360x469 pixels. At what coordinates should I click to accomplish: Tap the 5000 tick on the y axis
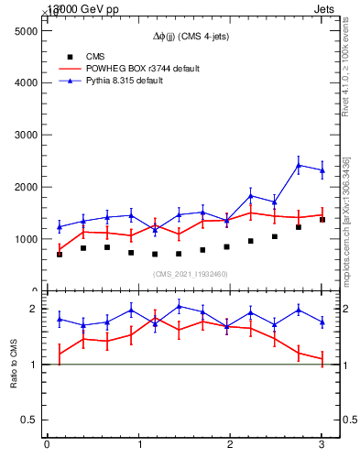pos(24,30)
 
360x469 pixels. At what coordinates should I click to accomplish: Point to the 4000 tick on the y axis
pos(24,82)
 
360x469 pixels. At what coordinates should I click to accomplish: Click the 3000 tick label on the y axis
pos(24,135)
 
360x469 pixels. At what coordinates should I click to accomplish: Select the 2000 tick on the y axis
pos(24,187)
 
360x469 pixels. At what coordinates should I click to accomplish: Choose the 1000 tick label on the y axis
pos(24,239)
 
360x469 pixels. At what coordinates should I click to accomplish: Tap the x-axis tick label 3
pos(322,445)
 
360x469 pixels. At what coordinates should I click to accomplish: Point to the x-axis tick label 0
pos(47,445)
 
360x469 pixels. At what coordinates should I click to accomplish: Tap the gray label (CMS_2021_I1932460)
pos(191,274)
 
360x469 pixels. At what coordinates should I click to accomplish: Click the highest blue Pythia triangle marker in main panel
pos(299,165)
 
